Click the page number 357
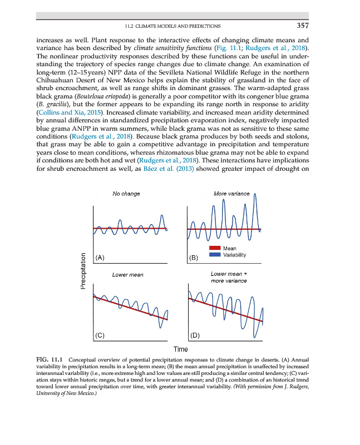[302, 26]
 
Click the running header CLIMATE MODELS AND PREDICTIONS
[177, 26]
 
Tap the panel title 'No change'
[126, 194]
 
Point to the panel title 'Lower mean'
[127, 275]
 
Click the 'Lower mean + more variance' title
[229, 277]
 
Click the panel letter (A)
[100, 258]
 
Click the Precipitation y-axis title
[83, 271]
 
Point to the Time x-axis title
[180, 349]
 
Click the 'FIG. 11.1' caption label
[49, 360]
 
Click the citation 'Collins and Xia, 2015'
[66, 112]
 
